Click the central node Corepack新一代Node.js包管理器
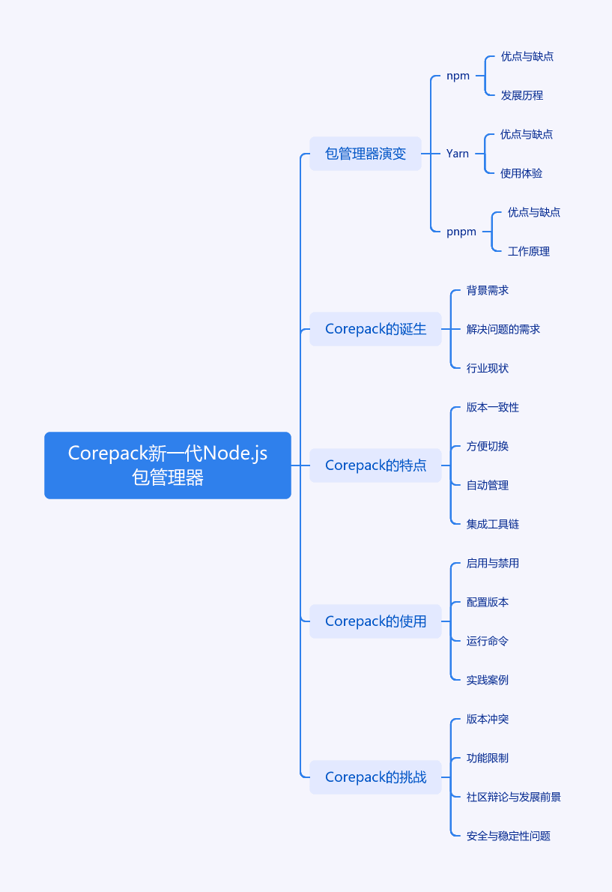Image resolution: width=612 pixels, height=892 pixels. [168, 465]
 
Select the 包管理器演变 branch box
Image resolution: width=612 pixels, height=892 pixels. [366, 154]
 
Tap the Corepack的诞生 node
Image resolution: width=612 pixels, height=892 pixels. [375, 329]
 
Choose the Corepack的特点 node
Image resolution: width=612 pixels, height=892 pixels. [375, 465]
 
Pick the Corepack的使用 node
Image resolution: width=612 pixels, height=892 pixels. [375, 621]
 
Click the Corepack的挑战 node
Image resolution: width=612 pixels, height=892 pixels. [375, 777]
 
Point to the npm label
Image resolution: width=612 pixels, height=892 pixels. [458, 76]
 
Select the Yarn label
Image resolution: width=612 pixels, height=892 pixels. [458, 154]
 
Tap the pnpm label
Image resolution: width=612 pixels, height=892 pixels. [461, 232]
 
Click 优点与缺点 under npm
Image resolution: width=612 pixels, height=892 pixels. [527, 56]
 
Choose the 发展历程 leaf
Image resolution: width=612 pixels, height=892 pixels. [521, 96]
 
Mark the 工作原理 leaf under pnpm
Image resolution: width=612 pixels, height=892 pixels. [528, 251]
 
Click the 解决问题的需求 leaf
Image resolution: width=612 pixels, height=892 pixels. [503, 329]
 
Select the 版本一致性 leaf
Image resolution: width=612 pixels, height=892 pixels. [493, 407]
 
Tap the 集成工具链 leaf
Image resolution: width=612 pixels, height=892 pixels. [493, 524]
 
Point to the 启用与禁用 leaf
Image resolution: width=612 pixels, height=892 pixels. [493, 563]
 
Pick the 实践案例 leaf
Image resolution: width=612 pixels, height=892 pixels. [488, 680]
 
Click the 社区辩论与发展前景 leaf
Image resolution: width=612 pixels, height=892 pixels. [514, 797]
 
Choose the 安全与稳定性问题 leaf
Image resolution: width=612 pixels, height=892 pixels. [509, 836]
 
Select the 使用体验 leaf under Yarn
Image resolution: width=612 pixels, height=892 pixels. [521, 173]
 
